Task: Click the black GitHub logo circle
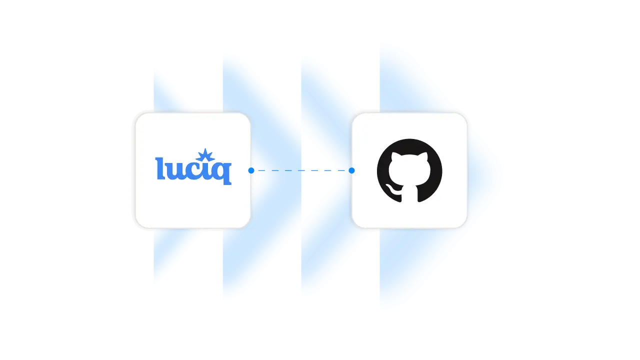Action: pos(409,170)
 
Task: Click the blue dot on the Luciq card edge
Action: pos(251,170)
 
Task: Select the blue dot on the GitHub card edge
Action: pos(351,170)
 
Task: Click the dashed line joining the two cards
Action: pos(300,170)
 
